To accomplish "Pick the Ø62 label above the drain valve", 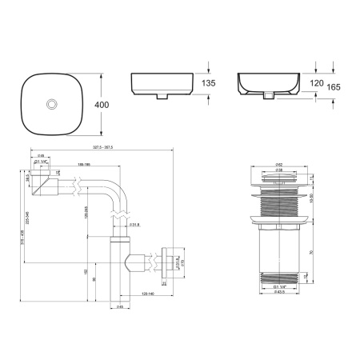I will point(276,163).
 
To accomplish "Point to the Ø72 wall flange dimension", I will point(182,262).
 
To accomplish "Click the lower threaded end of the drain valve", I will point(276,278).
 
